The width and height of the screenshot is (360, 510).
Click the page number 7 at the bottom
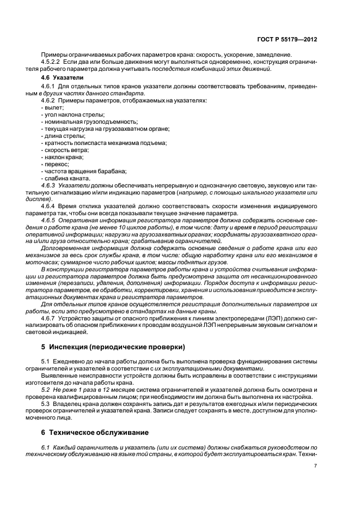[316, 465]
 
